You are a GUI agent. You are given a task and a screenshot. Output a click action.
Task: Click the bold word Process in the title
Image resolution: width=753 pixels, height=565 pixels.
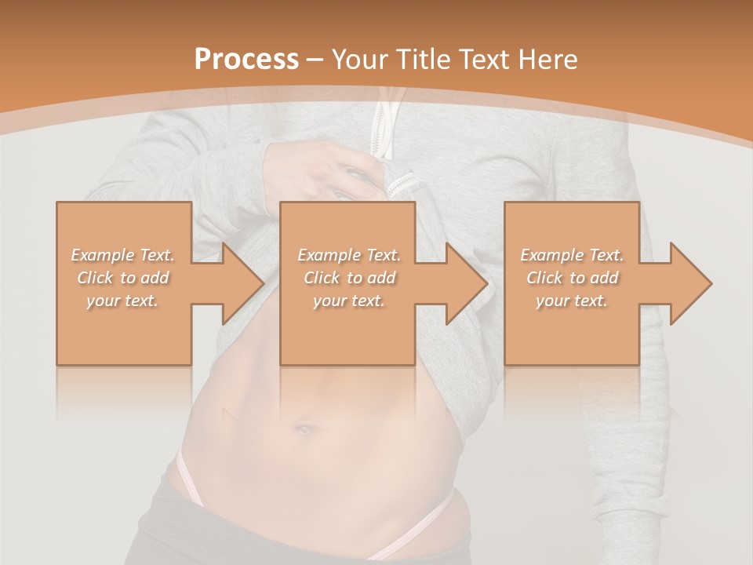(x=246, y=60)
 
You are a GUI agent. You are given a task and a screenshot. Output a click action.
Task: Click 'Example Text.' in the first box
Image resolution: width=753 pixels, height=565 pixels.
(x=123, y=255)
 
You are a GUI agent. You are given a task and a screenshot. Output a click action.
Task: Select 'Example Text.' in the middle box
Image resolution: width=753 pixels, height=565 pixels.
(x=349, y=255)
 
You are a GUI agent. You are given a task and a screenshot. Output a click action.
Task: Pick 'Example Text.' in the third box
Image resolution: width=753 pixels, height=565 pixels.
(x=572, y=255)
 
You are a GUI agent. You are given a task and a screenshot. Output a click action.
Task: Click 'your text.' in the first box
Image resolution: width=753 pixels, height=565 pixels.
(x=122, y=301)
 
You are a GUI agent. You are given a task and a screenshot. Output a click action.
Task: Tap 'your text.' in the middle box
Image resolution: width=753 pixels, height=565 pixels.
(x=349, y=301)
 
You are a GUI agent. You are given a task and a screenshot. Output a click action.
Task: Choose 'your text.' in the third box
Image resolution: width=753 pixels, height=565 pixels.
(x=572, y=301)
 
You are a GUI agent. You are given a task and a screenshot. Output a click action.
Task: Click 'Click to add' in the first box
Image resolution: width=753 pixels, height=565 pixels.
(x=123, y=278)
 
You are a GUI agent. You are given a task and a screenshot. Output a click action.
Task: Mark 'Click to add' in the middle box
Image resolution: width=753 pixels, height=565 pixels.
(x=349, y=278)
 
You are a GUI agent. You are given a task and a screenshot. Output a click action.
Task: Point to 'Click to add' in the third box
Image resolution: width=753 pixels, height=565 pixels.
(x=572, y=278)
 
